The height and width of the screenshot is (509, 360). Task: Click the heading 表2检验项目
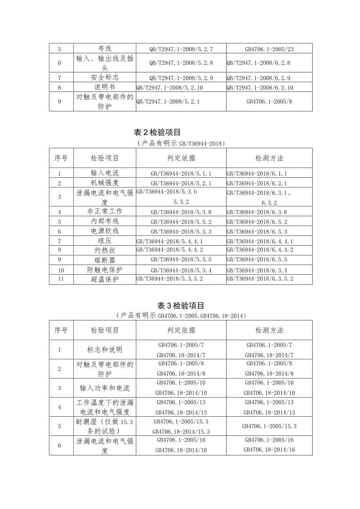click(x=180, y=133)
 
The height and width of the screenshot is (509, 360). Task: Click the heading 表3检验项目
click(x=180, y=306)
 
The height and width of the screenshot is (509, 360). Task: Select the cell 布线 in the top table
click(x=104, y=49)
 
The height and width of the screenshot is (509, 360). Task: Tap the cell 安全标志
click(x=104, y=77)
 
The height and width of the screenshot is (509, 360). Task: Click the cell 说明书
click(x=104, y=87)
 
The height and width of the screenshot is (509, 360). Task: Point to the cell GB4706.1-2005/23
click(x=269, y=49)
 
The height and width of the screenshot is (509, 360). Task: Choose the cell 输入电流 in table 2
click(x=104, y=173)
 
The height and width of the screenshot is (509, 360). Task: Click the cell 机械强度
click(x=104, y=183)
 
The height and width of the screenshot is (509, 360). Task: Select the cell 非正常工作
click(x=104, y=212)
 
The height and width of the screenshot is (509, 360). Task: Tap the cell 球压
click(x=104, y=241)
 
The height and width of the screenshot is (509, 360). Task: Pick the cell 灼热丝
click(x=104, y=250)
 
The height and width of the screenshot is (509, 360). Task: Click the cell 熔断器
click(x=104, y=260)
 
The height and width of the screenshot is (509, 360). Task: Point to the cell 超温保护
click(x=104, y=279)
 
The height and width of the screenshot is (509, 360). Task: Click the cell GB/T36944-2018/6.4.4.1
click(x=260, y=241)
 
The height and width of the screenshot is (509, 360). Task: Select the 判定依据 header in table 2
click(x=181, y=158)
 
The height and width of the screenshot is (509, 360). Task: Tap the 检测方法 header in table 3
click(x=269, y=330)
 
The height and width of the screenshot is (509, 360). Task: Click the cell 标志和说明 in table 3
click(x=104, y=350)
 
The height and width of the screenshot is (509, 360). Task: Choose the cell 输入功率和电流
click(x=104, y=388)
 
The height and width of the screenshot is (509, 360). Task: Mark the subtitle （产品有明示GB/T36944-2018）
click(x=180, y=144)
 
